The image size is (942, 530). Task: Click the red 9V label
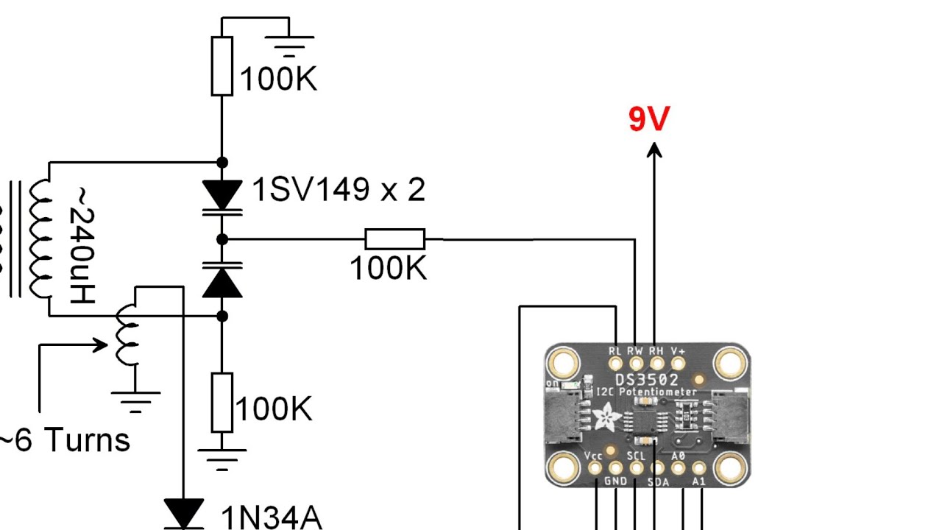tap(649, 119)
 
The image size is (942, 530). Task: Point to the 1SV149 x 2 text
tap(339, 190)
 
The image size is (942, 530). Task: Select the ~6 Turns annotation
tap(64, 440)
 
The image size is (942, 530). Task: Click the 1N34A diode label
tap(272, 517)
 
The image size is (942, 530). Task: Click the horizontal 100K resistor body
tap(395, 239)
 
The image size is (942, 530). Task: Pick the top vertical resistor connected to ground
tap(222, 66)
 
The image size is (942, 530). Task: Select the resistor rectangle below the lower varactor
tap(222, 403)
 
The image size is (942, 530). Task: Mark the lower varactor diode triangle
tap(222, 283)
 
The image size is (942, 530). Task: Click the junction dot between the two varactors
tap(222, 239)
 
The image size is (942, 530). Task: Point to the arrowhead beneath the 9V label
tap(654, 150)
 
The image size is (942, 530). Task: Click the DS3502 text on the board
tap(647, 381)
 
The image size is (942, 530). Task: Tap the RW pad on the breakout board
tap(636, 364)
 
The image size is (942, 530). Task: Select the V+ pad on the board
tap(678, 364)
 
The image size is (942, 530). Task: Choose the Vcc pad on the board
tap(595, 467)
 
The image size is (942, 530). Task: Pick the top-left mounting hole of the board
tap(564, 363)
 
